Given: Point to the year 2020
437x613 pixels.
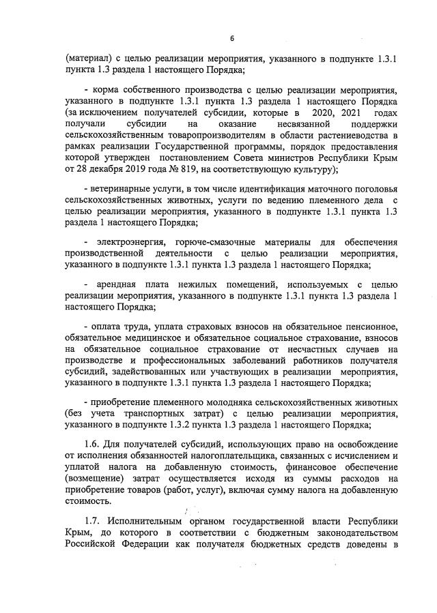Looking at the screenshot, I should [x=324, y=112].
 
